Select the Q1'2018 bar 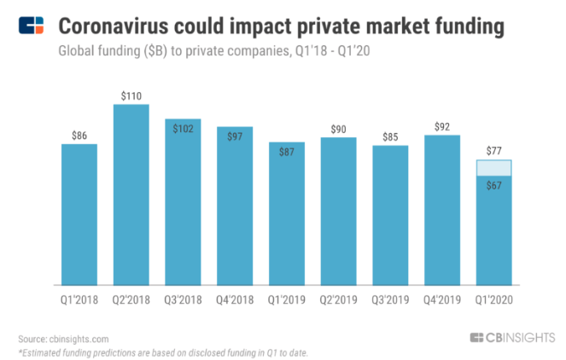click(x=79, y=214)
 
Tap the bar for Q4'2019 click(x=442, y=210)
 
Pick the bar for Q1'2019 click(x=287, y=213)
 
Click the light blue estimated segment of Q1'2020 click(x=493, y=168)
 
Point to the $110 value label click(x=131, y=96)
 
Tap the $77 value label click(x=493, y=151)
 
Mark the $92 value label click(x=442, y=126)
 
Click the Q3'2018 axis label click(x=183, y=299)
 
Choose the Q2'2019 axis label click(x=338, y=299)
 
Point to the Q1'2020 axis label click(x=493, y=299)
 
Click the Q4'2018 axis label click(x=235, y=299)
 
